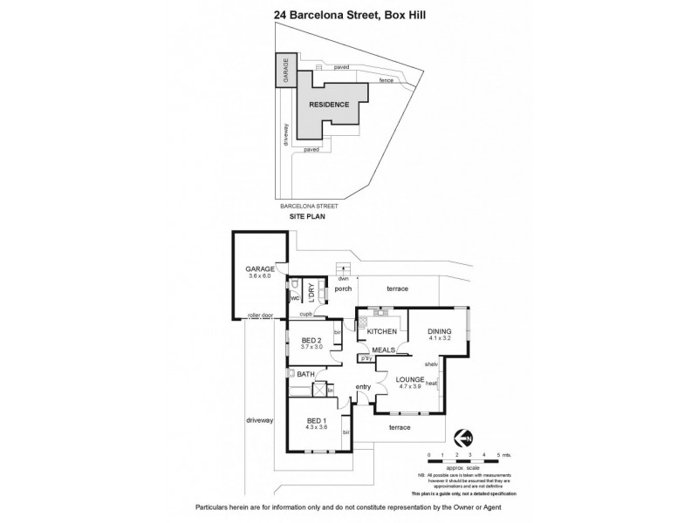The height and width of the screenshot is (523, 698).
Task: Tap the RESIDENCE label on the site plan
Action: point(329,105)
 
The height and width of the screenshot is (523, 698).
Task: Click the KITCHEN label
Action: point(381,332)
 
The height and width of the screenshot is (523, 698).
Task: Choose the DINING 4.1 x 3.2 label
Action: point(439,335)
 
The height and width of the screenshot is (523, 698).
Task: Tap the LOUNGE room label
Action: point(409,384)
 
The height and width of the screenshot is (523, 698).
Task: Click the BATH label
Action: point(305,374)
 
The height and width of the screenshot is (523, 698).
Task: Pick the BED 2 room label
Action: point(311,342)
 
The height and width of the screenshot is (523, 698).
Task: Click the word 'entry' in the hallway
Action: point(364,386)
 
